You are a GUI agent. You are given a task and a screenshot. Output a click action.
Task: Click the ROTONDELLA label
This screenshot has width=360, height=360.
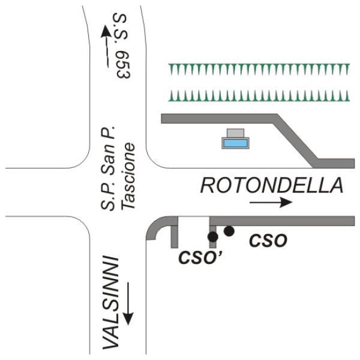pyautogui.click(x=272, y=185)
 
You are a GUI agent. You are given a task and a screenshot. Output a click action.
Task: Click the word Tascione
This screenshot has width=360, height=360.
pyautogui.click(x=128, y=176)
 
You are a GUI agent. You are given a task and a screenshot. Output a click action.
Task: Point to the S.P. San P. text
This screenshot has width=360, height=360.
pyautogui.click(x=107, y=168)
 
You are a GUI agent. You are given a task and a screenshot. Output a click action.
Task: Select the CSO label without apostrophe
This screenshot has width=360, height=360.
pyautogui.click(x=268, y=241)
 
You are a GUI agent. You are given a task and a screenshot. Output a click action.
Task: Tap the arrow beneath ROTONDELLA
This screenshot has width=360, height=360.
pyautogui.click(x=271, y=202)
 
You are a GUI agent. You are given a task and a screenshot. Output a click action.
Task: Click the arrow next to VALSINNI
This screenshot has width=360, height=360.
pyautogui.click(x=128, y=304)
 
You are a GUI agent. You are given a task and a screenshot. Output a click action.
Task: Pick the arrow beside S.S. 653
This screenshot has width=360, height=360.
pyautogui.click(x=106, y=46)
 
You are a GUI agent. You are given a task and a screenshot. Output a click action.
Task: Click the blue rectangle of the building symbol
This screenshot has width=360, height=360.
pyautogui.click(x=235, y=143)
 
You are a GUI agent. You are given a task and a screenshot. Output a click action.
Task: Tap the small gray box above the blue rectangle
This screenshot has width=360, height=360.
pyautogui.click(x=235, y=133)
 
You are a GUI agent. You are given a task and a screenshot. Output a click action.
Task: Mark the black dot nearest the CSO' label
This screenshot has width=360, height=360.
pyautogui.click(x=212, y=237)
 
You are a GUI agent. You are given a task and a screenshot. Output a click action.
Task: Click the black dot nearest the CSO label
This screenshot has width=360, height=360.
pyautogui.click(x=229, y=231)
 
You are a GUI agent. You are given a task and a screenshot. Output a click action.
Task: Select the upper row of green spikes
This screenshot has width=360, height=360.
pyautogui.click(x=259, y=69)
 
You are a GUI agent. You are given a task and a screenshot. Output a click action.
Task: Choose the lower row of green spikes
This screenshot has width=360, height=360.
pyautogui.click(x=259, y=95)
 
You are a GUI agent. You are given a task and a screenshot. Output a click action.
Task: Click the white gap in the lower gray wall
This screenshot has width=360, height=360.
pyautogui.click(x=194, y=221)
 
